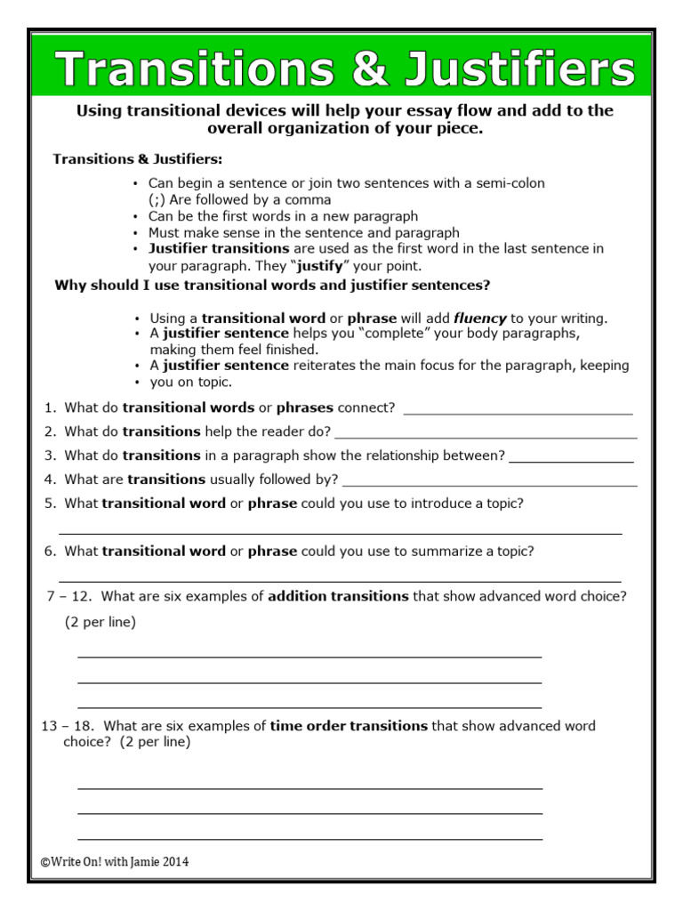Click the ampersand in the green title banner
pos(370,69)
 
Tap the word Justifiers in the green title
pos(518,69)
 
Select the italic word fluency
pos(480,318)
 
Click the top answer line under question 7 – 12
pos(309,657)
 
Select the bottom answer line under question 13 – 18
pos(309,838)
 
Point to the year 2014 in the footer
pos(174,862)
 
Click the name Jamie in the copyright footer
pos(141,862)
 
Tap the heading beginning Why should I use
pos(272,286)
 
